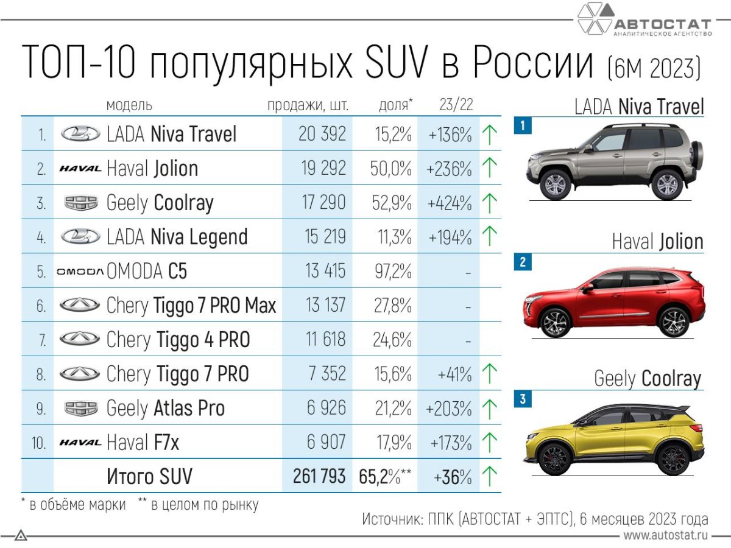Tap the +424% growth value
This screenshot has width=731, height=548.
[450, 202]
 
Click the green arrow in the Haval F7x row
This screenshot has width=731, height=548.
[489, 442]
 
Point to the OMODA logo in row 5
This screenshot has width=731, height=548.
[80, 272]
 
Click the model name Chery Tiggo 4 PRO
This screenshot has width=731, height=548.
[178, 340]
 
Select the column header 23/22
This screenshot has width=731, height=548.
[456, 105]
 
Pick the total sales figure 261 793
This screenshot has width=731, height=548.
[319, 476]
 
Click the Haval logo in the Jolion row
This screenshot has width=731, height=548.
[80, 169]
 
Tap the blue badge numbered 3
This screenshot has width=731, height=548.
[522, 400]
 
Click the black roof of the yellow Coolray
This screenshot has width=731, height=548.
[634, 409]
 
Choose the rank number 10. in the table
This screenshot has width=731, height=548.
[39, 442]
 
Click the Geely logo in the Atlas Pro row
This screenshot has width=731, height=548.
[80, 408]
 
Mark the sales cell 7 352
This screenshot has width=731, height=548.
[327, 374]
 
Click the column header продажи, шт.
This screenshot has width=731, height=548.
[308, 105]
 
